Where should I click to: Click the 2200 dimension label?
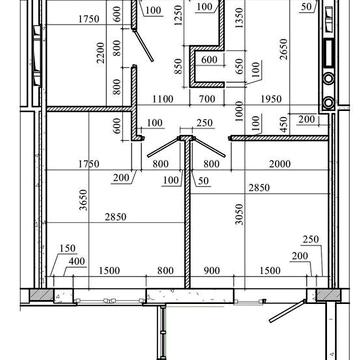click(x=101, y=52)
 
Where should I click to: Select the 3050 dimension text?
click(x=240, y=214)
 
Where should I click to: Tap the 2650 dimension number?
click(x=283, y=49)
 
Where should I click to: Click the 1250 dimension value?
click(x=178, y=15)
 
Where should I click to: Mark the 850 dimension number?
click(x=178, y=66)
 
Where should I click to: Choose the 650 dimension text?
click(x=240, y=66)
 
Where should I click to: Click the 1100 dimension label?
click(x=163, y=99)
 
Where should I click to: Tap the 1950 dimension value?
click(x=271, y=99)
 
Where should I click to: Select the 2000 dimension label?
click(x=280, y=164)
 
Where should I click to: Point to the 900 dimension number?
click(x=211, y=270)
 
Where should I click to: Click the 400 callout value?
click(x=77, y=261)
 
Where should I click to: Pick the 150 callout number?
click(x=68, y=248)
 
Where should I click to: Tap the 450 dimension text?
click(x=283, y=124)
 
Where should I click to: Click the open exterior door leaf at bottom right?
click(x=287, y=311)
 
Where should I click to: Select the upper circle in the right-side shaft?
click(x=328, y=79)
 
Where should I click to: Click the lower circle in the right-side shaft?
click(x=328, y=102)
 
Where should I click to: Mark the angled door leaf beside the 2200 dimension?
click(x=143, y=46)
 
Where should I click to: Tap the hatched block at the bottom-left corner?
click(x=41, y=295)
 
